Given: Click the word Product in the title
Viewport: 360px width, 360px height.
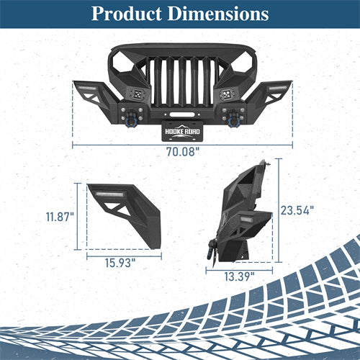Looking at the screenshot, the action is (126, 14).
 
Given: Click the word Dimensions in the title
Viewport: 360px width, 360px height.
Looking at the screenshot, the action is (218, 14).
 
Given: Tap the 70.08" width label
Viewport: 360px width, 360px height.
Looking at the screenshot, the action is (183, 152).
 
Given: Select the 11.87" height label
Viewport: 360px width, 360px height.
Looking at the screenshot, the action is (60, 217).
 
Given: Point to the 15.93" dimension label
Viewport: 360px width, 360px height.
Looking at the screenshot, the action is (120, 263).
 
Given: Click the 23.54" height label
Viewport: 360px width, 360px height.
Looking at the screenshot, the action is (297, 210).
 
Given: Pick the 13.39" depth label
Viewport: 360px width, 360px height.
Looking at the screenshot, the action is (239, 276).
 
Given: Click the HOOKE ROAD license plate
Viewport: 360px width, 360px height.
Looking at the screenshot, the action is (182, 130).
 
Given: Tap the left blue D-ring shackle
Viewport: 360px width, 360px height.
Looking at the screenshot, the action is (132, 119).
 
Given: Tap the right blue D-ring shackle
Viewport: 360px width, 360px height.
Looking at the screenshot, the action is (233, 118).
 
